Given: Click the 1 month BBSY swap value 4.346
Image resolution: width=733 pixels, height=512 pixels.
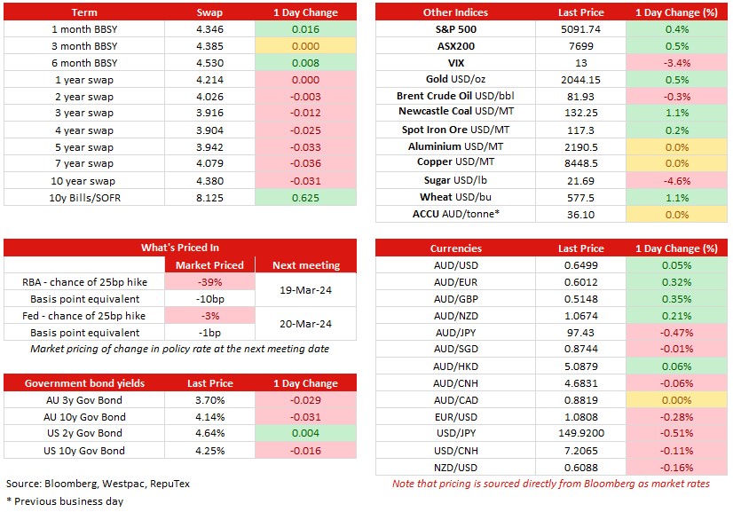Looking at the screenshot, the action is (x=209, y=29).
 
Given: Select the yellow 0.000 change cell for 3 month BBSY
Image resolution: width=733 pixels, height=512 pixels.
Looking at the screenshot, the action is (x=305, y=46).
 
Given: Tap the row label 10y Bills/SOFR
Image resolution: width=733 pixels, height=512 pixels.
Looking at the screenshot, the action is (x=84, y=198).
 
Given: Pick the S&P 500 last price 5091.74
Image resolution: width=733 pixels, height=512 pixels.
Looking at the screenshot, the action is (x=580, y=29).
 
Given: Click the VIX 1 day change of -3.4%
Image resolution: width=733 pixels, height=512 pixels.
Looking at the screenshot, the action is (x=676, y=63).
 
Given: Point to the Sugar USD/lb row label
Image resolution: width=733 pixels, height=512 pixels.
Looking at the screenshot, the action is (x=455, y=180).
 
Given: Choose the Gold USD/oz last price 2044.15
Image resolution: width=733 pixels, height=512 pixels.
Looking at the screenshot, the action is (x=580, y=80).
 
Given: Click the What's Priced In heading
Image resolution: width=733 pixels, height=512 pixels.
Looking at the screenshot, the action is (x=180, y=248).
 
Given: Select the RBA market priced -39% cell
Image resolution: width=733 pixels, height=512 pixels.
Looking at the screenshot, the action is (x=209, y=282).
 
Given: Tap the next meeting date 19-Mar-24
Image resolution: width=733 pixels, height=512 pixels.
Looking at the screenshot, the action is (x=306, y=290).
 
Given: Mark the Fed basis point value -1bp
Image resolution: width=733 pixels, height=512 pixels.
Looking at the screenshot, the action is (x=209, y=333).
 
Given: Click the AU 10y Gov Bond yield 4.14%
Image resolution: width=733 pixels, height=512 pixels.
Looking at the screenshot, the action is (x=210, y=417).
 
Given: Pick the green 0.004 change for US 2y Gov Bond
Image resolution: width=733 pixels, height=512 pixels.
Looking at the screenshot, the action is (x=305, y=433).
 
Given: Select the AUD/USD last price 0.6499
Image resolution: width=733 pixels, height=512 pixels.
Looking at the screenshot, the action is (x=580, y=265).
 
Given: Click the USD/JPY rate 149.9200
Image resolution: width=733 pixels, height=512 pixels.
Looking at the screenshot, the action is (x=581, y=433).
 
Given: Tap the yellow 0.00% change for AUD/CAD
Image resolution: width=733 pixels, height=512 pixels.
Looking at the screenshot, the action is (x=676, y=400).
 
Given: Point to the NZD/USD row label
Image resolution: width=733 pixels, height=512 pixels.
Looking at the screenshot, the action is (x=455, y=468).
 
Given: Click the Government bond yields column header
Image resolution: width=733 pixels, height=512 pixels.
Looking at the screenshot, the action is (x=84, y=383).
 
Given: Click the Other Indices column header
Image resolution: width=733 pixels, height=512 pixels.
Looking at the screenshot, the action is (x=455, y=12).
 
